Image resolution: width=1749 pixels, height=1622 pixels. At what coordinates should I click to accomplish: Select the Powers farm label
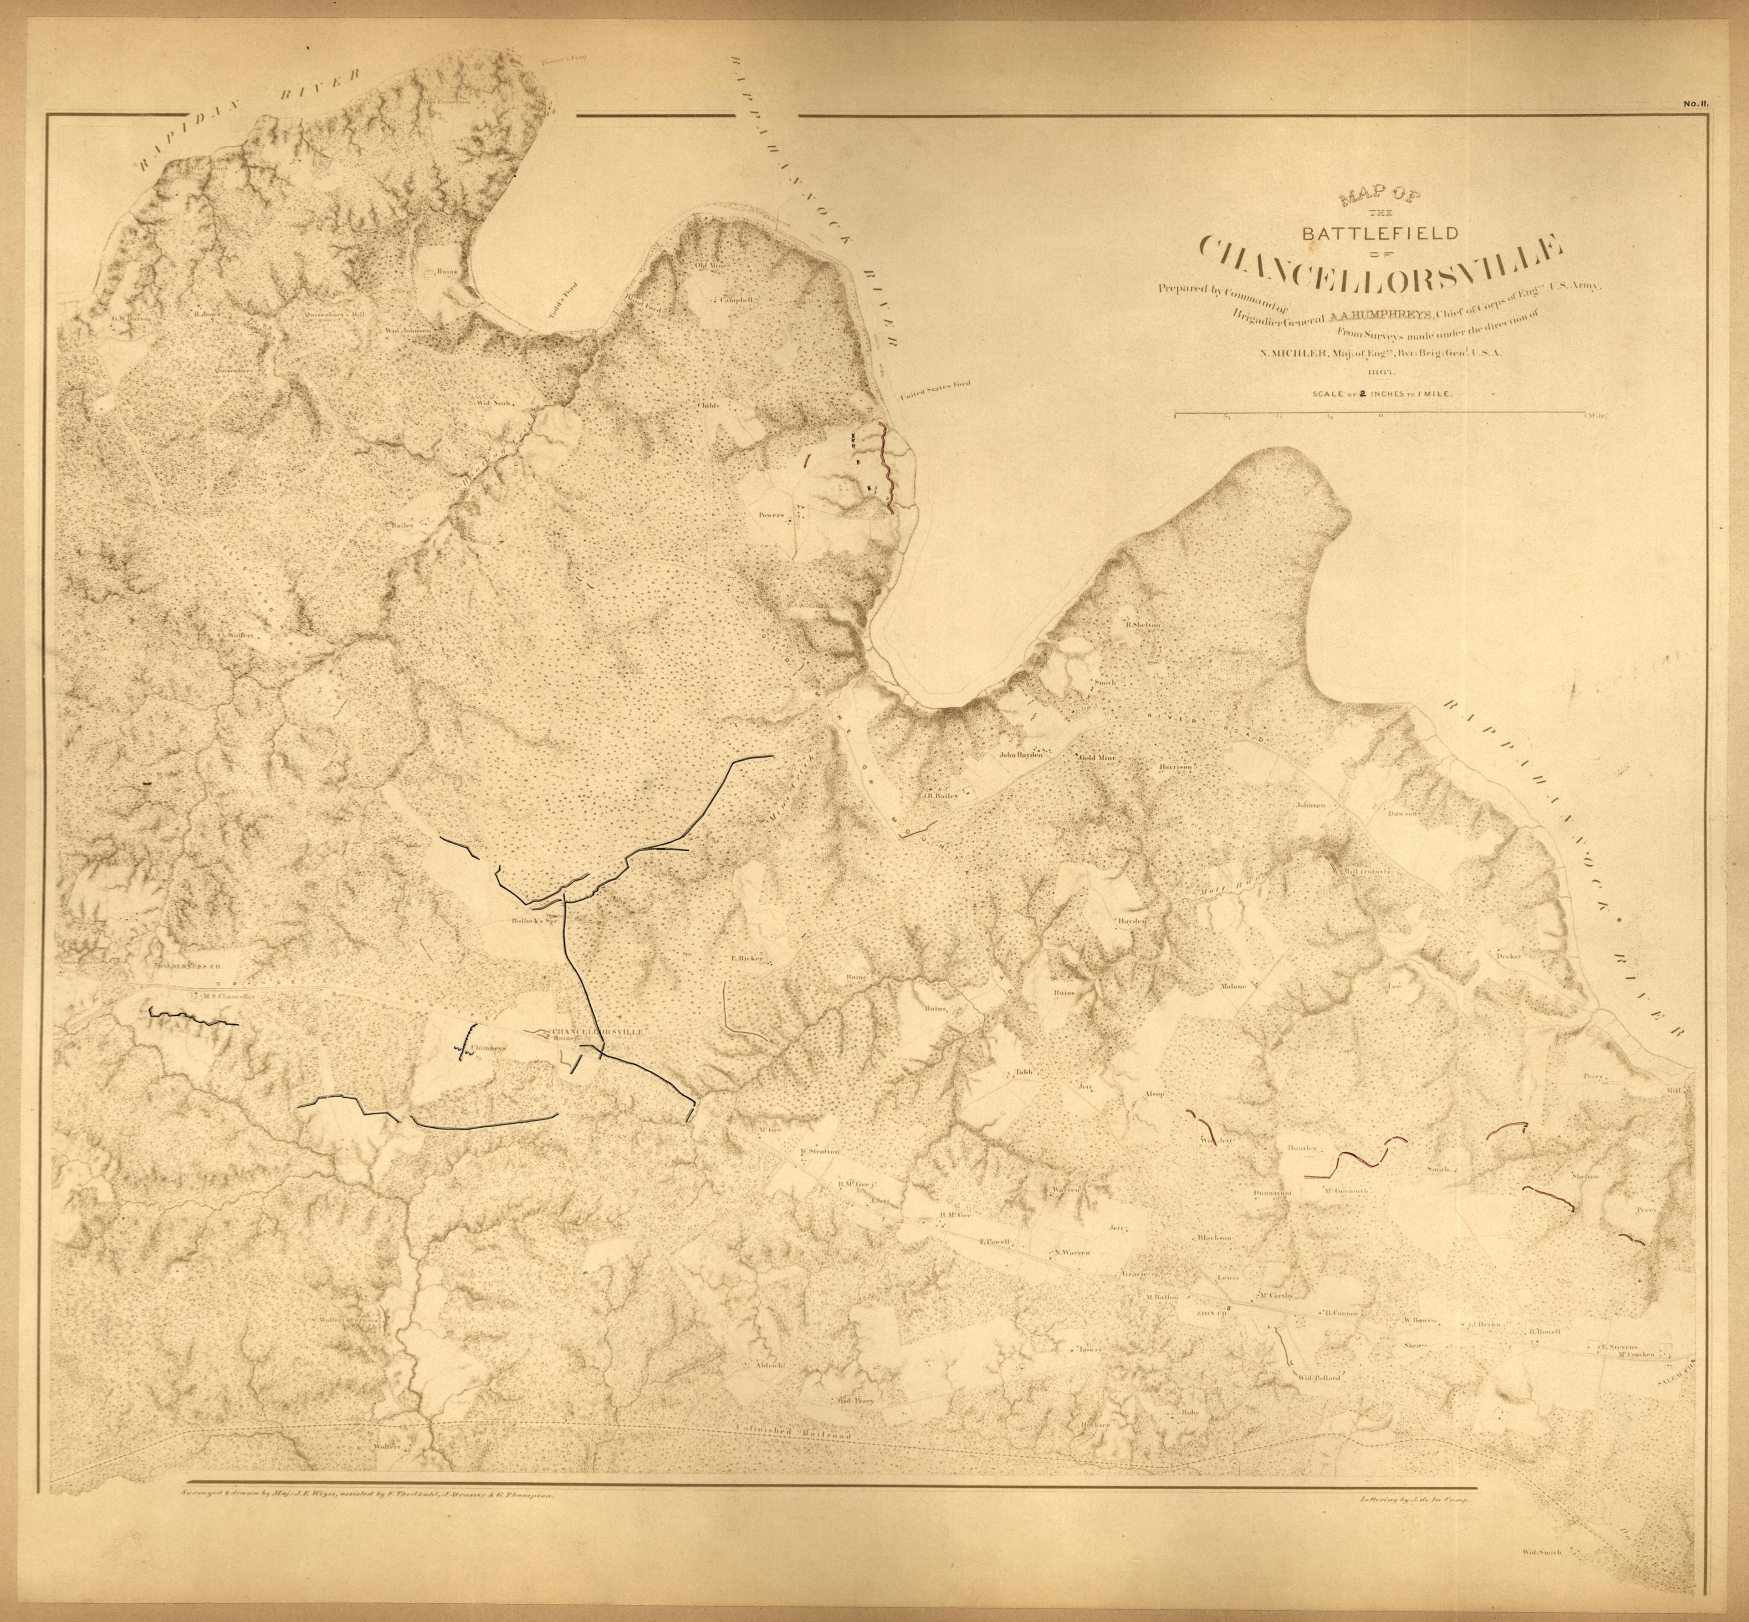coord(771,516)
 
